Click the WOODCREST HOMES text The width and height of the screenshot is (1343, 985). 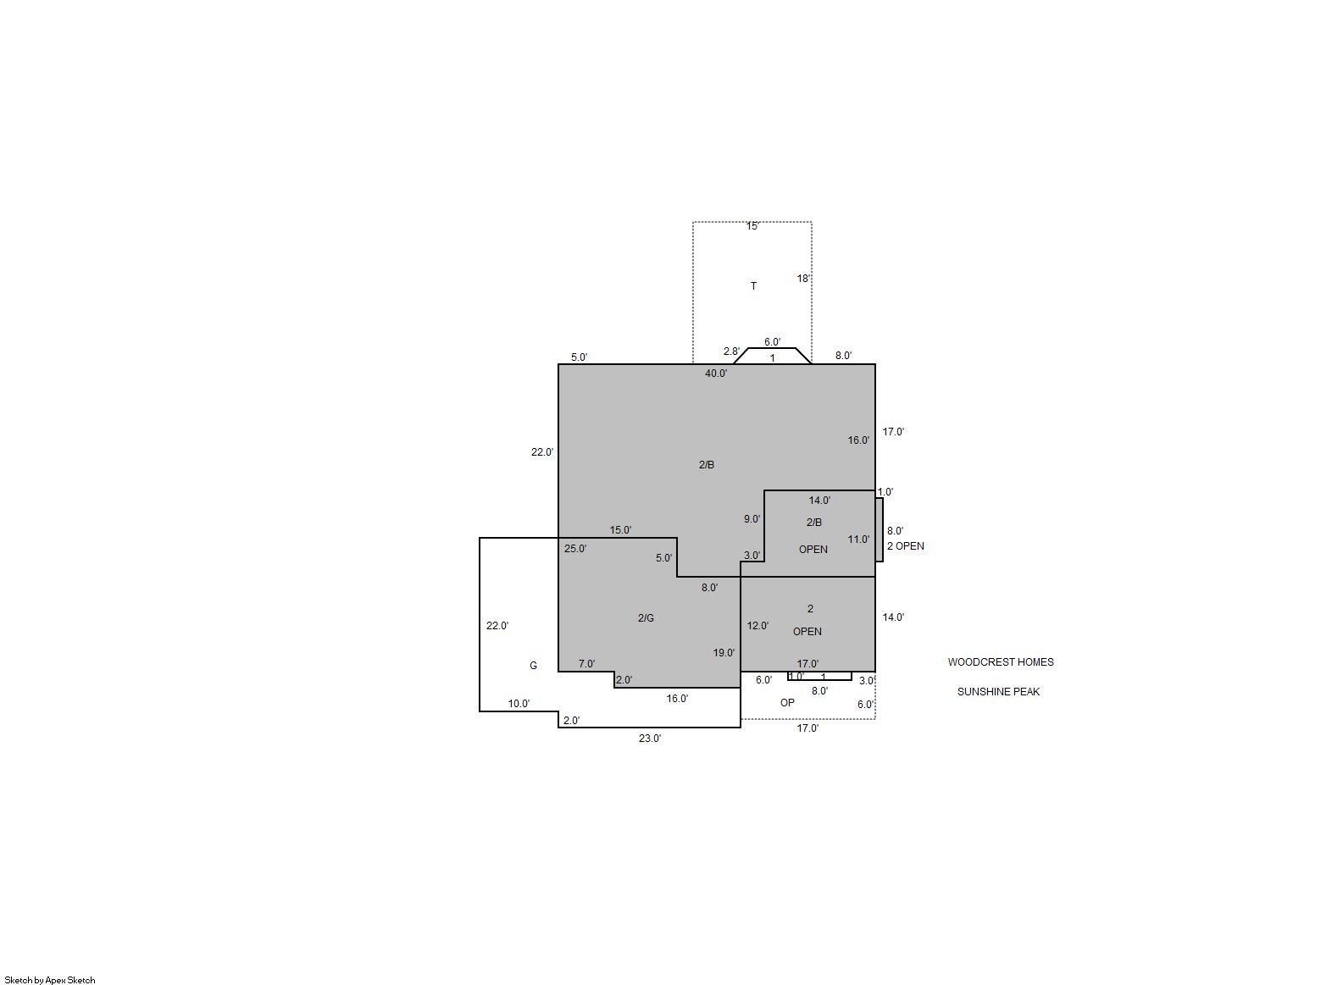[1000, 662]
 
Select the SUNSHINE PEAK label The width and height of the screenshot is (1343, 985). [998, 691]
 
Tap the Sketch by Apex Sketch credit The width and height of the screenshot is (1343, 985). [50, 980]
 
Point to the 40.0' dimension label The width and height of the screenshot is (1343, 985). [716, 374]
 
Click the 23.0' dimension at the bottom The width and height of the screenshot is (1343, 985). [649, 739]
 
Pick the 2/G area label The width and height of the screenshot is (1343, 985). [646, 617]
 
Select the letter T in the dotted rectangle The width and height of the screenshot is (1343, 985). [753, 285]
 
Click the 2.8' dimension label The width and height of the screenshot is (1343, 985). [731, 351]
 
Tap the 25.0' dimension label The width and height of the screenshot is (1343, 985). [575, 548]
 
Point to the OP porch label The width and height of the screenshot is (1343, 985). [787, 702]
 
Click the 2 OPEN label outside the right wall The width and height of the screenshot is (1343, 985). [905, 545]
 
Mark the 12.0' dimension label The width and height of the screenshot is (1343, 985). [758, 626]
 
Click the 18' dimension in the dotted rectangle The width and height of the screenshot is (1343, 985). [802, 278]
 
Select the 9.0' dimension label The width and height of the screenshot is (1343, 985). [752, 519]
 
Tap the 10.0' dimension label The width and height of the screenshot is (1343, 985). [519, 704]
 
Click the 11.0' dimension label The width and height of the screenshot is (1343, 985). [858, 540]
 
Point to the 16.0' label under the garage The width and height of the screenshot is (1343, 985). [677, 698]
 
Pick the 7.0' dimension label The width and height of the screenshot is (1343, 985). [586, 664]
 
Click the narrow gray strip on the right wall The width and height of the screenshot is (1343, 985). [879, 529]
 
